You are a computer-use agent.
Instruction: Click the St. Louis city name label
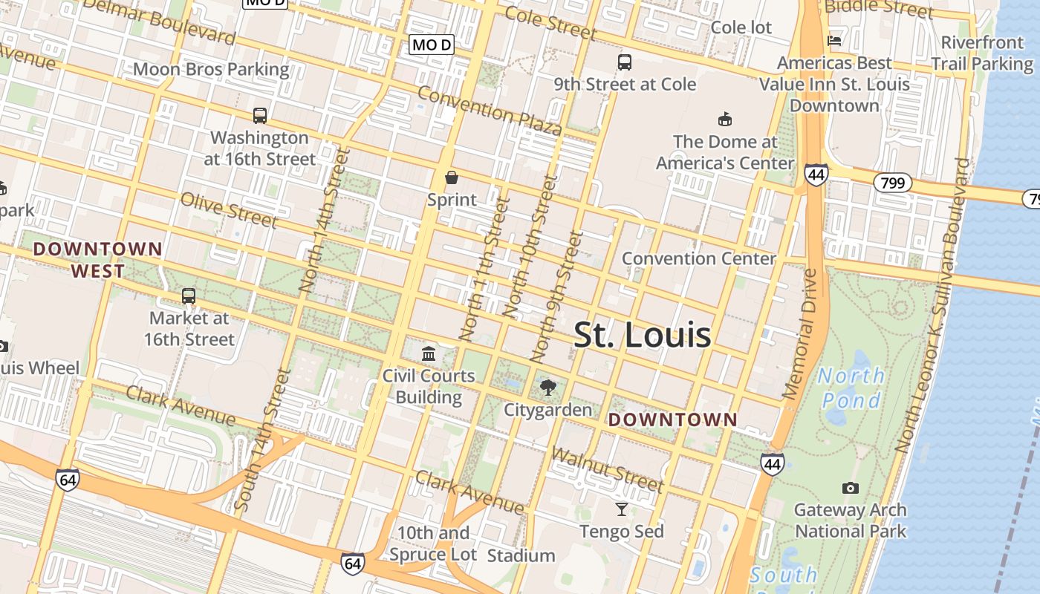click(643, 335)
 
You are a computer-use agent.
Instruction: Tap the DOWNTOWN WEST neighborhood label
click(97, 260)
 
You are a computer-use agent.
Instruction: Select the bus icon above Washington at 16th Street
click(259, 116)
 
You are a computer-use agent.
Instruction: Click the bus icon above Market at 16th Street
click(189, 296)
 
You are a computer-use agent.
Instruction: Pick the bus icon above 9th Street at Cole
click(625, 62)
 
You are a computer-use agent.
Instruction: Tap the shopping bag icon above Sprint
click(451, 177)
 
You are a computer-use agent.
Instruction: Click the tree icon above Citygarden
click(548, 387)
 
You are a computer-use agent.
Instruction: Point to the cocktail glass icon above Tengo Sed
click(622, 509)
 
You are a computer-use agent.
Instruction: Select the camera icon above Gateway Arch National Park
click(851, 488)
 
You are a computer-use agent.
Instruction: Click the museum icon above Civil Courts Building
click(429, 353)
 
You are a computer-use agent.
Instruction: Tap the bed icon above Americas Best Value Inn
click(834, 41)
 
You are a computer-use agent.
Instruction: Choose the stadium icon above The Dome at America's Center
click(724, 119)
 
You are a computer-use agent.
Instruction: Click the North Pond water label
click(851, 388)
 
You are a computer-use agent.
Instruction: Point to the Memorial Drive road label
click(800, 334)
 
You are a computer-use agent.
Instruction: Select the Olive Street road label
click(229, 210)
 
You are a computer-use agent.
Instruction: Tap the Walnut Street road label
click(607, 469)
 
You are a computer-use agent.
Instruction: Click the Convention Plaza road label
click(490, 111)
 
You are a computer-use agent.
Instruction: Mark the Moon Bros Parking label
click(211, 70)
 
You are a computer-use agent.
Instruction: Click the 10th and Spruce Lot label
click(433, 544)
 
